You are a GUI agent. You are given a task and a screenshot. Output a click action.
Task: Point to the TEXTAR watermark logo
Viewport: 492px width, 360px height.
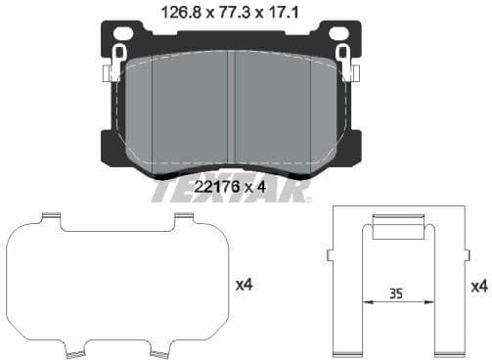click(x=231, y=190)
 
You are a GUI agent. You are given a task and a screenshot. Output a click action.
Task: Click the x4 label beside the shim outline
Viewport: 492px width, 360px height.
click(x=246, y=285)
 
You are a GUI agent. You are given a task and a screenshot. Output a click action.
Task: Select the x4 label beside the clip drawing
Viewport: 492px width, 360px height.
click(x=478, y=286)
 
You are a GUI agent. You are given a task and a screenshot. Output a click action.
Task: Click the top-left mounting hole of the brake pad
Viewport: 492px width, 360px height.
click(x=122, y=33)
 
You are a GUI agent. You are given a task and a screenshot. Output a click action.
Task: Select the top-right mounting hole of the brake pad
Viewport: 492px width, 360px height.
click(x=342, y=33)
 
